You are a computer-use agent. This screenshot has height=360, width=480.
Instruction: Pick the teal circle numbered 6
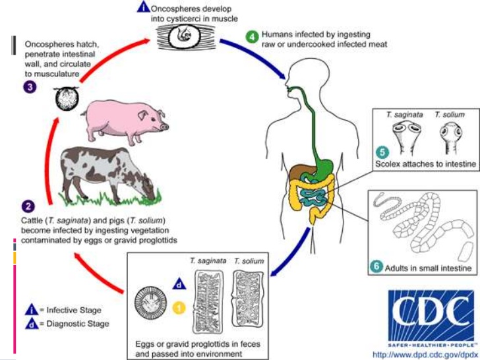pos(376,266)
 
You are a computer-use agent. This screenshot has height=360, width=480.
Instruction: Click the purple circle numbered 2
pos(29,205)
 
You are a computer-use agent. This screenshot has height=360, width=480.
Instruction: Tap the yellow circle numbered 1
pos(178,307)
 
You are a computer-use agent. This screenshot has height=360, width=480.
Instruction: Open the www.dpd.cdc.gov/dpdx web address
pos(425,353)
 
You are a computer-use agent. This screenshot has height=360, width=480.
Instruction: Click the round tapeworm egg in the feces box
pos(150,303)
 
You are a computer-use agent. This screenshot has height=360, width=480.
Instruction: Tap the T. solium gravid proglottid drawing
pos(248,299)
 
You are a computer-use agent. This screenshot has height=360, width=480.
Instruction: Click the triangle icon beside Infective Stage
pos(30,309)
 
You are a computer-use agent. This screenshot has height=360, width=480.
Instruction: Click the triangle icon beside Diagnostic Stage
pos(30,323)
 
